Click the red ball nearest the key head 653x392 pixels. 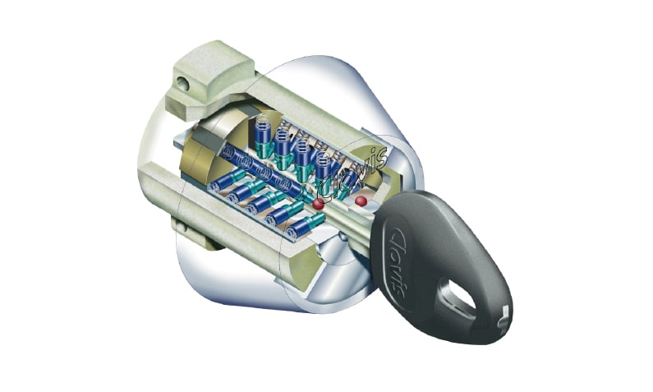[361, 201]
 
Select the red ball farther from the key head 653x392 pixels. [319, 204]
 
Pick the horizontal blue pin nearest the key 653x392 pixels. [306, 227]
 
